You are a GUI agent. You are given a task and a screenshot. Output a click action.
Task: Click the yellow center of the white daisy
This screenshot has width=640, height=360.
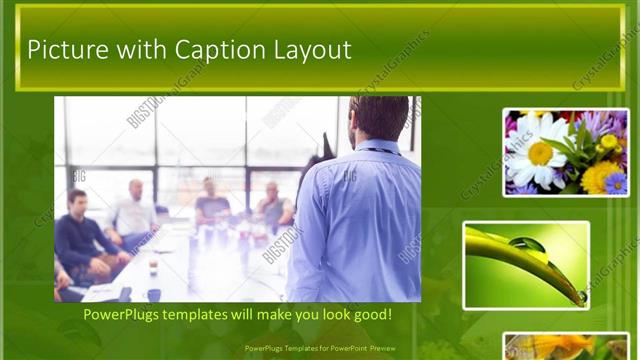[x=540, y=152]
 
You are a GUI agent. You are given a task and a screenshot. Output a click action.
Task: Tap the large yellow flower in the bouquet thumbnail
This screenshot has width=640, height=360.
[x=601, y=176]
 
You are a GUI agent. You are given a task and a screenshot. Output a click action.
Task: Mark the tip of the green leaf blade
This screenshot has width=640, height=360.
[x=581, y=297]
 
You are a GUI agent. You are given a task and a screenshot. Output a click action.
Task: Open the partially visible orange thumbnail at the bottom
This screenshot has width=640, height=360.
[x=565, y=346]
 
